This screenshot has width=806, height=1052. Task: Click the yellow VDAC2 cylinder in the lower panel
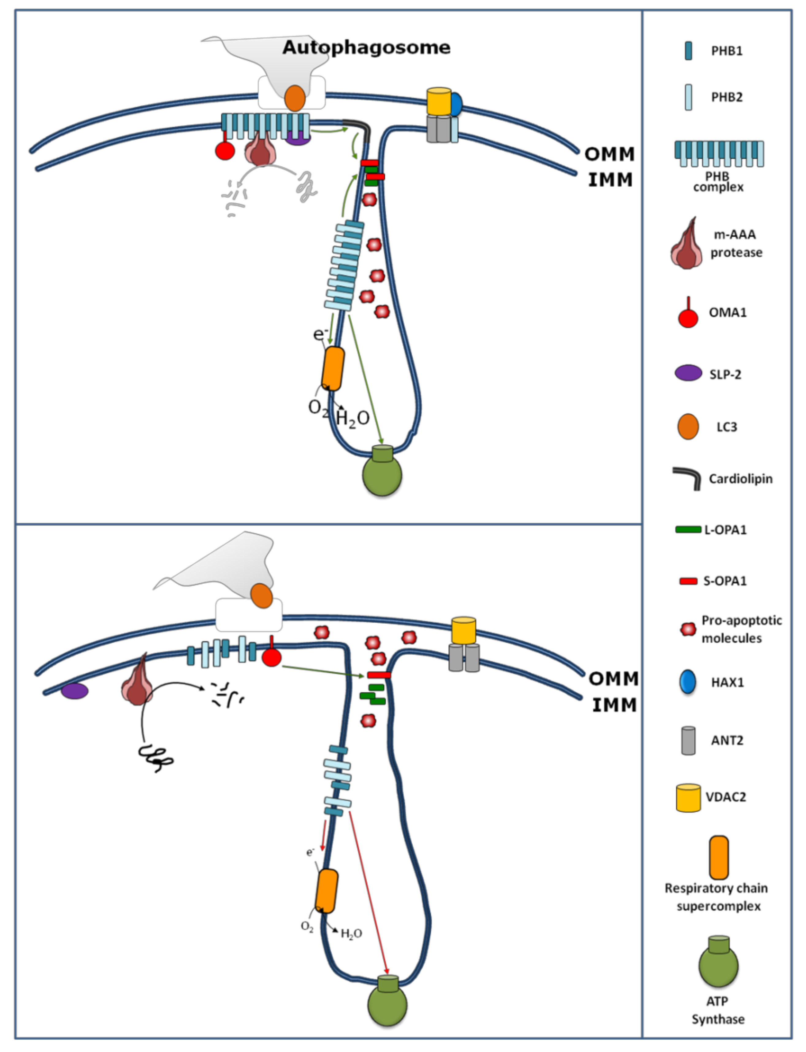(464, 630)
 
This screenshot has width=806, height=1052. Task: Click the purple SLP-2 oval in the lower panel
(74, 691)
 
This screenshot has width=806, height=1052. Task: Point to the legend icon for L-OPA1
(688, 530)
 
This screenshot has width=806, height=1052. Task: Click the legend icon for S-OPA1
(688, 581)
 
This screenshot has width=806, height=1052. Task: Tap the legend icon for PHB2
(688, 98)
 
